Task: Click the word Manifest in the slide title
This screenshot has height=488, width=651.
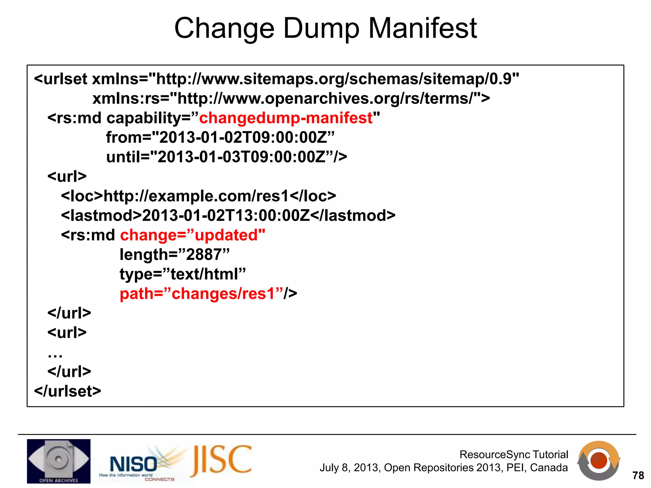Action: (422, 29)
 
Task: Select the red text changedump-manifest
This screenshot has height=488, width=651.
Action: (285, 118)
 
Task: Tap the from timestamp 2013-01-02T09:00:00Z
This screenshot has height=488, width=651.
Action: (243, 138)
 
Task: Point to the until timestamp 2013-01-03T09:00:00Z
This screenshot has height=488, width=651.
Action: (242, 157)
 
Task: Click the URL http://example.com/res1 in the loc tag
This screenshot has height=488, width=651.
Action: (196, 196)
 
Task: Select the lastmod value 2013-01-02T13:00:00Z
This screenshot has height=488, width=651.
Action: (226, 216)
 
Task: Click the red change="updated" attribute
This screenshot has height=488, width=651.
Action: (193, 235)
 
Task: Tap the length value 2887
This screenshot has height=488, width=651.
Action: (203, 255)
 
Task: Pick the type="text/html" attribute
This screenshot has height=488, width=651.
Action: (182, 274)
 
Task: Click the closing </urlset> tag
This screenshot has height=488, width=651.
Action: (67, 391)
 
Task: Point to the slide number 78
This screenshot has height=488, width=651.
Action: (638, 476)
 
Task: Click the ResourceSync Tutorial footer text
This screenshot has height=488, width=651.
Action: (513, 455)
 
